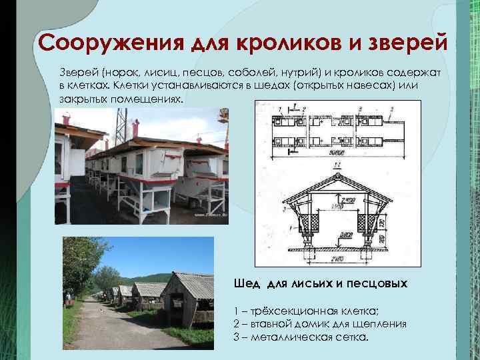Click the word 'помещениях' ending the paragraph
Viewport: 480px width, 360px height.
[x=150, y=98]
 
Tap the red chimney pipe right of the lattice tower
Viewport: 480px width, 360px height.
[x=135, y=128]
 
